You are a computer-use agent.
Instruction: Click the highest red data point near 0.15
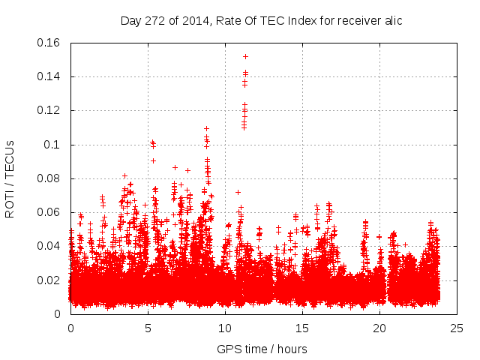point(245,56)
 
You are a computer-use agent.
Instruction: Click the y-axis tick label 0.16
point(50,43)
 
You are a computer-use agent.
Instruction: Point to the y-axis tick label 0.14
point(50,76)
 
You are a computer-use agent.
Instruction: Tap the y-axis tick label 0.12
point(50,110)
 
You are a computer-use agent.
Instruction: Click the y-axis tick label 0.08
point(50,178)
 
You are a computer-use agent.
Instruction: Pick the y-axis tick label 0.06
point(50,212)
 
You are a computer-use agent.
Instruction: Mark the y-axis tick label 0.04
point(50,246)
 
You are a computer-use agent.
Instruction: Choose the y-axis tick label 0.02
point(50,280)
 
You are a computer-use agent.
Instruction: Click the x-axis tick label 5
point(148,328)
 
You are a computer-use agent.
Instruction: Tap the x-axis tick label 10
point(225,328)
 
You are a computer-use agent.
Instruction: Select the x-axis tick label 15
point(302,328)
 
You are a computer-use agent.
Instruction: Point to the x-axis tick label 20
point(379,328)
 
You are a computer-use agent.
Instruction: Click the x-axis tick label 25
point(457,328)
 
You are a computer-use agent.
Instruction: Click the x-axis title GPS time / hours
point(262,349)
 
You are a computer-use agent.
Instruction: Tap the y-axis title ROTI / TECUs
point(10,178)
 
